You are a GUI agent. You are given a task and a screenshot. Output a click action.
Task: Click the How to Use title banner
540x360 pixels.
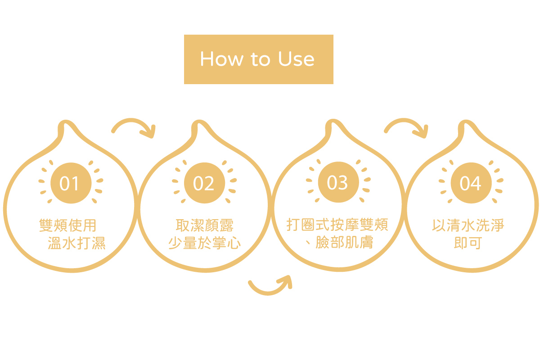(x=259, y=59)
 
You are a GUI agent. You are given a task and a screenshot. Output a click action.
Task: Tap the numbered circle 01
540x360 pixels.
(x=71, y=183)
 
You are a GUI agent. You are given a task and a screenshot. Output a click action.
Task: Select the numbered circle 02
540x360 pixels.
(x=204, y=183)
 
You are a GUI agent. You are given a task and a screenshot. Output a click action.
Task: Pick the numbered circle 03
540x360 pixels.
(x=338, y=182)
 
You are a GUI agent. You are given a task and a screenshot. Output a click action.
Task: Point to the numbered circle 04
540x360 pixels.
(x=471, y=183)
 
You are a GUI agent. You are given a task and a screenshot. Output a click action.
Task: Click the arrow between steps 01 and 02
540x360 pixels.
(x=135, y=121)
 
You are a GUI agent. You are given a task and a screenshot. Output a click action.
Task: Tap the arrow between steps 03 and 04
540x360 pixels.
(x=407, y=121)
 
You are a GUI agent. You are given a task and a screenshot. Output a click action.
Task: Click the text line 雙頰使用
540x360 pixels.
(x=68, y=225)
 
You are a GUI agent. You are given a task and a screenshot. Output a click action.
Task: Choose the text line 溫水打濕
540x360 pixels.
(x=76, y=243)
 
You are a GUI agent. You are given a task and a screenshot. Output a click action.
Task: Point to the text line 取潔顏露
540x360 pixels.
(x=204, y=225)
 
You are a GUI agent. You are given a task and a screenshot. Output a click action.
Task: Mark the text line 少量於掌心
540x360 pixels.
(x=204, y=243)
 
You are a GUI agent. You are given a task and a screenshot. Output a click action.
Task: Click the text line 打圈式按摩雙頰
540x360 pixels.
(x=337, y=225)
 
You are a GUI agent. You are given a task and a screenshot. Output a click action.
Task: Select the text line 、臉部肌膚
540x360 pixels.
(x=339, y=242)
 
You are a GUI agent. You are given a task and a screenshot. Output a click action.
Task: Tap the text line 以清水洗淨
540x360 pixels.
(x=468, y=225)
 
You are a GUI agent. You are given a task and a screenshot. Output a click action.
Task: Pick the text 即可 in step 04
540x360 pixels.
(x=468, y=243)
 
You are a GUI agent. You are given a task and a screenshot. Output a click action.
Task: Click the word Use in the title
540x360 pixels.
(x=296, y=59)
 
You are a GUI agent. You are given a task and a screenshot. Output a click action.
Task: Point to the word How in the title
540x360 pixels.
(x=221, y=59)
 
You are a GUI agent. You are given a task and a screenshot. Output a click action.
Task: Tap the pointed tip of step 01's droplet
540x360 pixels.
(x=66, y=121)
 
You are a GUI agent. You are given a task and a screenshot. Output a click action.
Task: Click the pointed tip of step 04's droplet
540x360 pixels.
(x=466, y=121)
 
